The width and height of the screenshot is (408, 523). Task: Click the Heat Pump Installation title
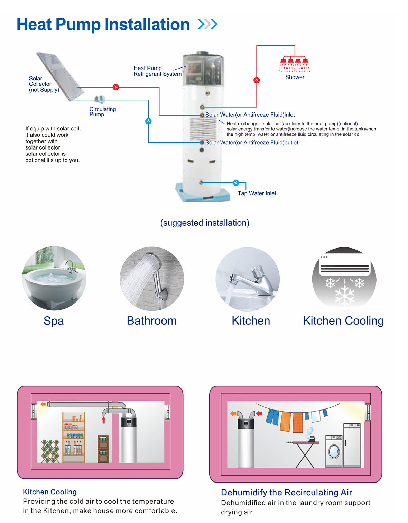tap(103, 25)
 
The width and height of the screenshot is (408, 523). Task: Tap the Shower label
tap(295, 77)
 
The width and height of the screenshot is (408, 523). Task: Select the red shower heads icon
tap(295, 63)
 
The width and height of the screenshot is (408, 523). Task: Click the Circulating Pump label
tap(102, 111)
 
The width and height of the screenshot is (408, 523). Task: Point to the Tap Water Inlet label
tap(257, 193)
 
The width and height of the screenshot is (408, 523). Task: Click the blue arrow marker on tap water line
tap(236, 183)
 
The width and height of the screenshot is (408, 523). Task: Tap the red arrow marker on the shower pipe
tap(257, 80)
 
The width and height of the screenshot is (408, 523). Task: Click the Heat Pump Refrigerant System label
tap(157, 71)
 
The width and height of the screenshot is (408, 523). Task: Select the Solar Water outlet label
tap(252, 143)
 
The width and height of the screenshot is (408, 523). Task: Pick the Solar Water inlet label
tap(250, 115)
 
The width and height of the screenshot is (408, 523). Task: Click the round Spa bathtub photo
tap(54, 278)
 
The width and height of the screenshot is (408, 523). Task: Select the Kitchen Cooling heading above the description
tap(50, 492)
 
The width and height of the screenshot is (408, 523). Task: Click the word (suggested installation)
tap(205, 223)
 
